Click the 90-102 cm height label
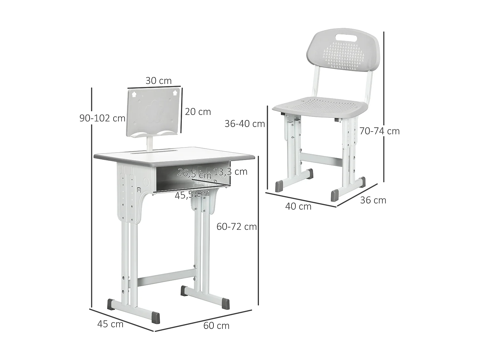point(102,118)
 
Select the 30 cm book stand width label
point(158,81)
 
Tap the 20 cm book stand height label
point(198,112)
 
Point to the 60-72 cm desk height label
point(236,227)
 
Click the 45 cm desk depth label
point(110,324)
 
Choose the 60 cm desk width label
point(216,325)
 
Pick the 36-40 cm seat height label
point(245,124)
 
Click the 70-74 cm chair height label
point(380,131)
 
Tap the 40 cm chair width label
point(298,206)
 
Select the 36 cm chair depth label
point(373,200)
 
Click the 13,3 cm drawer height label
point(230,172)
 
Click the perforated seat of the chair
point(320,106)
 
